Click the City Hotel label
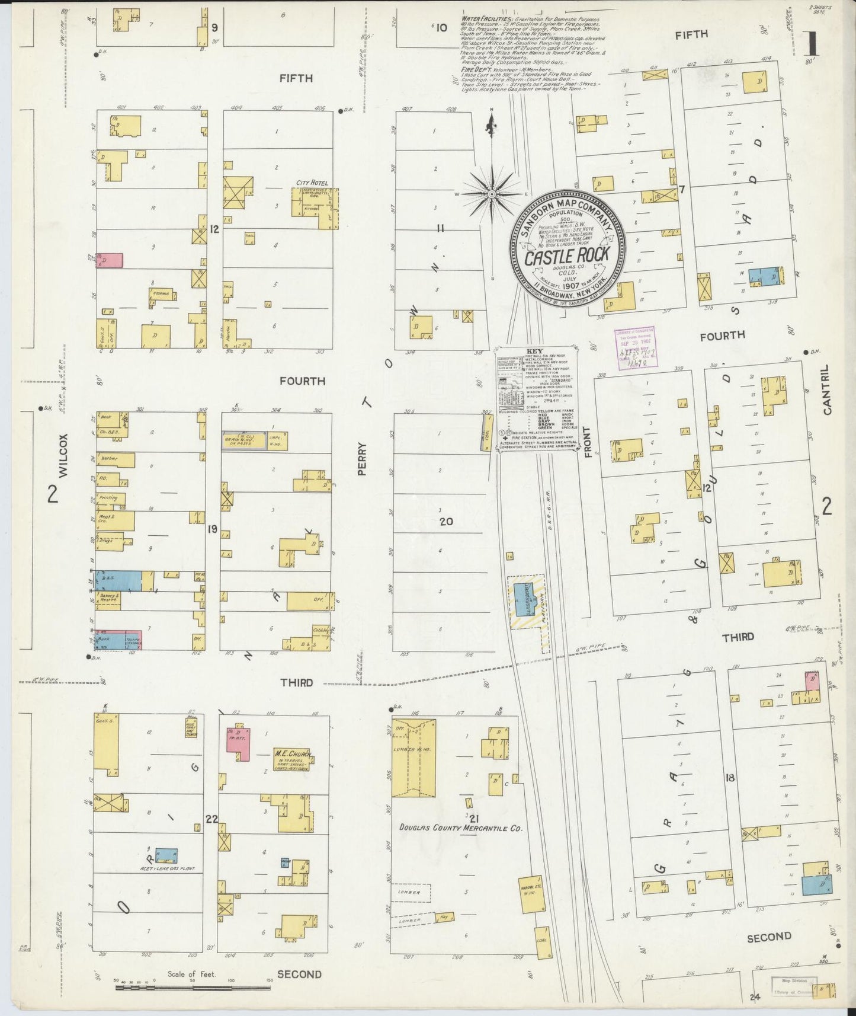[313, 183]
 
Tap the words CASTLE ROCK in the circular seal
[566, 256]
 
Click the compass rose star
[491, 194]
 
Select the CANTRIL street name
[827, 389]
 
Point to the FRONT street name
[588, 442]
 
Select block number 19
[212, 530]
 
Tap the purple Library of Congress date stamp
[635, 350]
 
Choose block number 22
[211, 820]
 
